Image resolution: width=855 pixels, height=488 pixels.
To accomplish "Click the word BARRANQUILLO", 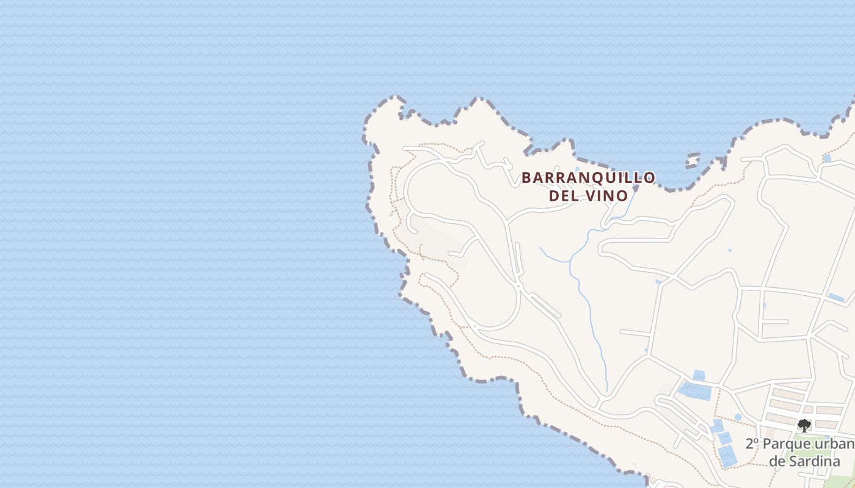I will pos(588,178).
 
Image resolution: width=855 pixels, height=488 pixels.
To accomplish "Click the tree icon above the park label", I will pos(804,425).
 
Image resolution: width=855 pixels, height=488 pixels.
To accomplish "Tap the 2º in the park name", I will pos(752,443).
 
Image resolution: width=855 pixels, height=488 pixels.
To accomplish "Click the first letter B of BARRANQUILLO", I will pos(526,178).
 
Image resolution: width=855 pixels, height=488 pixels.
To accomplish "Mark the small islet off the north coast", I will pos(692,160).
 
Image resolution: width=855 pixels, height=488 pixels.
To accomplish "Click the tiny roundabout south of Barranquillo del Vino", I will pos(517,285).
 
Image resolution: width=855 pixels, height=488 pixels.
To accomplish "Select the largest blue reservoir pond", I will pos(695,390).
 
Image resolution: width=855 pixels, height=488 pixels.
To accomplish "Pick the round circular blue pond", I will pos(738,417).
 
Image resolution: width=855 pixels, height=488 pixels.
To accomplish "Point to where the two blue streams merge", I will pos(570,261).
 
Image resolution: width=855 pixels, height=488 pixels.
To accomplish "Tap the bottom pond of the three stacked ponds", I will pos(727,455).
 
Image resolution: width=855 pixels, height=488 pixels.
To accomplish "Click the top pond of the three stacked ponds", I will pos(718,425).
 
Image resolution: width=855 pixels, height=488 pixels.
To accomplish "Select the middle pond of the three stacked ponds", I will pos(724,438).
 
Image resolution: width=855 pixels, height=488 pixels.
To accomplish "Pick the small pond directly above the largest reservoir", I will pos(699,375).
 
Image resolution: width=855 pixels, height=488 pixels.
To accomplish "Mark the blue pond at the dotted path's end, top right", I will pos(827,158).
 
